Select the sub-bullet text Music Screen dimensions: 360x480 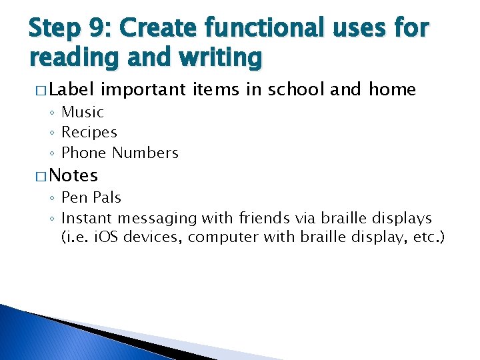coord(83,113)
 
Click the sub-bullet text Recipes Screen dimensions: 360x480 coord(89,133)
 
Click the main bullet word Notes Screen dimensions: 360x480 coord(73,175)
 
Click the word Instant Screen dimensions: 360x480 coord(87,218)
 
